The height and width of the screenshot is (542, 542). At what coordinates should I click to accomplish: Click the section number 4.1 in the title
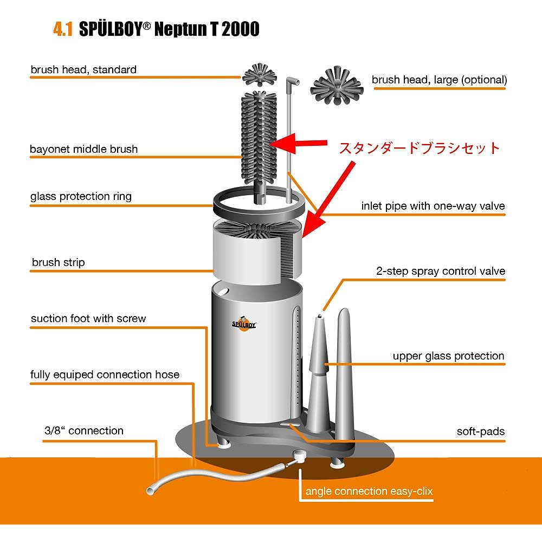point(62,29)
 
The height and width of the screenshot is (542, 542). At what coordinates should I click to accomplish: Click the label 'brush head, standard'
point(83,69)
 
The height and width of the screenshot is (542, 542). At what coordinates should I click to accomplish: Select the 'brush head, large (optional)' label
point(439,80)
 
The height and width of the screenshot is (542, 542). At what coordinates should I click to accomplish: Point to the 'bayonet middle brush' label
point(84,149)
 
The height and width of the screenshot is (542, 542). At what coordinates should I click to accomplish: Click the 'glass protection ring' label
point(81,196)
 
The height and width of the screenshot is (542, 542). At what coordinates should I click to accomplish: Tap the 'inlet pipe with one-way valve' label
point(433,206)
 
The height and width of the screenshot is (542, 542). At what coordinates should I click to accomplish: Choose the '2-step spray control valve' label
point(441,271)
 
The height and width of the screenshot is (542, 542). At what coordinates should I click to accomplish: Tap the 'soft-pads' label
point(480,431)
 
